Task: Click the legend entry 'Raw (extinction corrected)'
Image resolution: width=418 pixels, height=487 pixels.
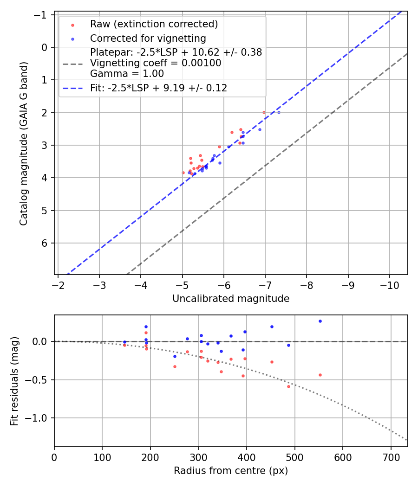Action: tap(154, 24)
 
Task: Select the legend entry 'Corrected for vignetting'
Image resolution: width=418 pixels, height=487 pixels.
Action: tap(148, 38)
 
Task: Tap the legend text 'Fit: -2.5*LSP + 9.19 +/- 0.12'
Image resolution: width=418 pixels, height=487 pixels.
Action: tap(158, 88)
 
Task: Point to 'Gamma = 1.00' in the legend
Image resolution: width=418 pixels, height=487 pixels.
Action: tap(127, 74)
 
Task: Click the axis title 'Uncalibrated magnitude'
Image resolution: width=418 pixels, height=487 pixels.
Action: tap(231, 299)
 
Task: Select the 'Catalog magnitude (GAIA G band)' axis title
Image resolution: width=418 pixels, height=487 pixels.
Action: tap(24, 144)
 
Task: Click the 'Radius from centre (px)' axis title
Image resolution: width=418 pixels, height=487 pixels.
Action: tap(231, 471)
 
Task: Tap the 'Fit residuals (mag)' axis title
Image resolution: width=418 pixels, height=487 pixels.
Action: tap(14, 381)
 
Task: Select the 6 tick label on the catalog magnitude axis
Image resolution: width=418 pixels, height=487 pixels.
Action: tap(45, 243)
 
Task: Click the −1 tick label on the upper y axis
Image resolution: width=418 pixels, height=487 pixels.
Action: tap(42, 15)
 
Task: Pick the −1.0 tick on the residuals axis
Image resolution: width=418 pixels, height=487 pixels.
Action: tap(39, 418)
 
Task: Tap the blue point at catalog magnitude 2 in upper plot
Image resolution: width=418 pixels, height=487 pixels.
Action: tap(279, 113)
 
